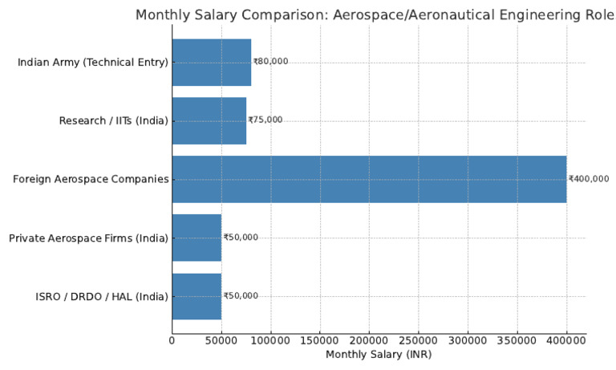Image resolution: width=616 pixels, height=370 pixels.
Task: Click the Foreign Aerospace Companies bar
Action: pos(369,179)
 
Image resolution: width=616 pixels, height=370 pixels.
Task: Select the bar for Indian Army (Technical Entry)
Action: pos(211,62)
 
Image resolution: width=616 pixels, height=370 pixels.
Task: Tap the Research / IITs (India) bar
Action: pos(209,120)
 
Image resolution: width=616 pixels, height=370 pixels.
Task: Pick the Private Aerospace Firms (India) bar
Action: pos(197,238)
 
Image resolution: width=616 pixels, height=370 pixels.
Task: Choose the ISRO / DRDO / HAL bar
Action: pos(197,296)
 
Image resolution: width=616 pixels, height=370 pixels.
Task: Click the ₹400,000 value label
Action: pos(589,179)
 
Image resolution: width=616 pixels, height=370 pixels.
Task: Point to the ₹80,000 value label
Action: pos(270,62)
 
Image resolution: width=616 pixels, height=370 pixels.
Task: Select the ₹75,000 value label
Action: pos(265,120)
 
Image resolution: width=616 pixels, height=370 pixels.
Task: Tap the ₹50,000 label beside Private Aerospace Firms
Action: pos(241,238)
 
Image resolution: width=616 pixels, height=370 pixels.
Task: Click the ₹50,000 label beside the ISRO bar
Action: pos(241,296)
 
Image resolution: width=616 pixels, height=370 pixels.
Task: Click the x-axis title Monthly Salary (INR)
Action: pos(379,354)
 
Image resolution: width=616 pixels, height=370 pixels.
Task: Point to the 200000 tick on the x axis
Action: pos(369,340)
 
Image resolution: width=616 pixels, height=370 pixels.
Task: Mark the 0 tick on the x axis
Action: pos(172,340)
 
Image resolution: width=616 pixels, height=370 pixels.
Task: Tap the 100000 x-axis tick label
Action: pos(270,340)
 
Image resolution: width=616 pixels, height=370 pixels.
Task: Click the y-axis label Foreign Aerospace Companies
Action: pos(91,179)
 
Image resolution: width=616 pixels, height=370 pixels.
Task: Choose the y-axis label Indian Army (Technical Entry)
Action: pos(93,62)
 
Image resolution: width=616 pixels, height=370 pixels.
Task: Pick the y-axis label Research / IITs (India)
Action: pos(114,120)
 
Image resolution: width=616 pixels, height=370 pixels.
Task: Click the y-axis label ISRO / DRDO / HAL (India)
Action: pos(102,296)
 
